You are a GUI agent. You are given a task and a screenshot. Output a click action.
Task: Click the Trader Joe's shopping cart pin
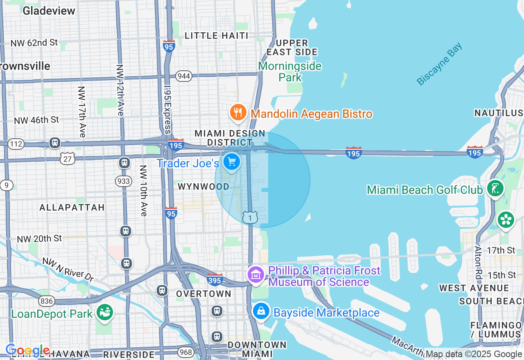(x=232, y=162)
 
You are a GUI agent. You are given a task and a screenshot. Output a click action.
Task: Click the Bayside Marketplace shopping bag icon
(x=261, y=312)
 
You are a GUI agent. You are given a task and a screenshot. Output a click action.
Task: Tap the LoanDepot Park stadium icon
(x=105, y=313)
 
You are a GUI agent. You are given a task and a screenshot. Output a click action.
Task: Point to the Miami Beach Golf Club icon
(x=496, y=189)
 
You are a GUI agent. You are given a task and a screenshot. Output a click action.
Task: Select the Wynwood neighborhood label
(x=203, y=187)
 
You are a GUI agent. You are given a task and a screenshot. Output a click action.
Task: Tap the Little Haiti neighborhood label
(x=217, y=36)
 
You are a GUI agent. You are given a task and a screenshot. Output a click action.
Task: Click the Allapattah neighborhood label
(x=72, y=207)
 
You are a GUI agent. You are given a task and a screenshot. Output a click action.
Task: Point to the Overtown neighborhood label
(x=204, y=294)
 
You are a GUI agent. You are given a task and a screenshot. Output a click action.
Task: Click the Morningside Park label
(x=290, y=72)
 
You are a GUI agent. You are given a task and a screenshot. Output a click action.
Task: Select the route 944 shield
(x=184, y=76)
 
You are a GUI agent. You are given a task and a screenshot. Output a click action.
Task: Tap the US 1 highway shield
(x=250, y=218)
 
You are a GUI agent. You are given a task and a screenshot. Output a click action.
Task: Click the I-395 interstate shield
(x=215, y=280)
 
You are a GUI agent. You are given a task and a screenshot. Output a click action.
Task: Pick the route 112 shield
(x=16, y=144)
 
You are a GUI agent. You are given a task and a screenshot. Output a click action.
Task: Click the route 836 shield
(x=47, y=301)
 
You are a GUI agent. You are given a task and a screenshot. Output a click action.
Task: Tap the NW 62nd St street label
(x=34, y=43)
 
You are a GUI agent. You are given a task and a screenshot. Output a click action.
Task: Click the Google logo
(x=27, y=350)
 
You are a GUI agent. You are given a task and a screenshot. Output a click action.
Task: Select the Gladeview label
(x=49, y=11)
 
